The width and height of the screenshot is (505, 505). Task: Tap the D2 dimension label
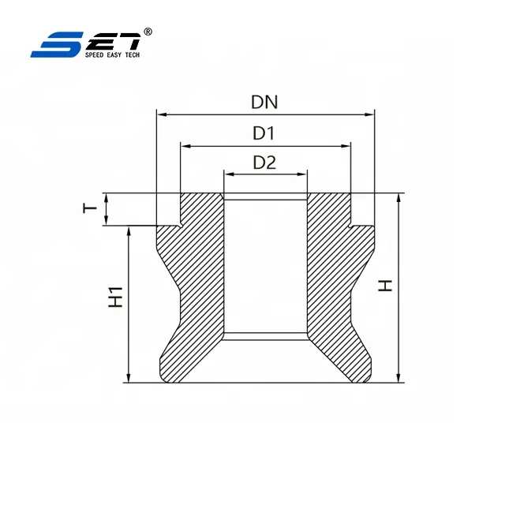[264, 163]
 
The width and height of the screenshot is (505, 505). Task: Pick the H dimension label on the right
[385, 284]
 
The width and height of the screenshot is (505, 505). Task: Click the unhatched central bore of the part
[265, 268]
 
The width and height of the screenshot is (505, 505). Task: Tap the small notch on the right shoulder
[349, 226]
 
